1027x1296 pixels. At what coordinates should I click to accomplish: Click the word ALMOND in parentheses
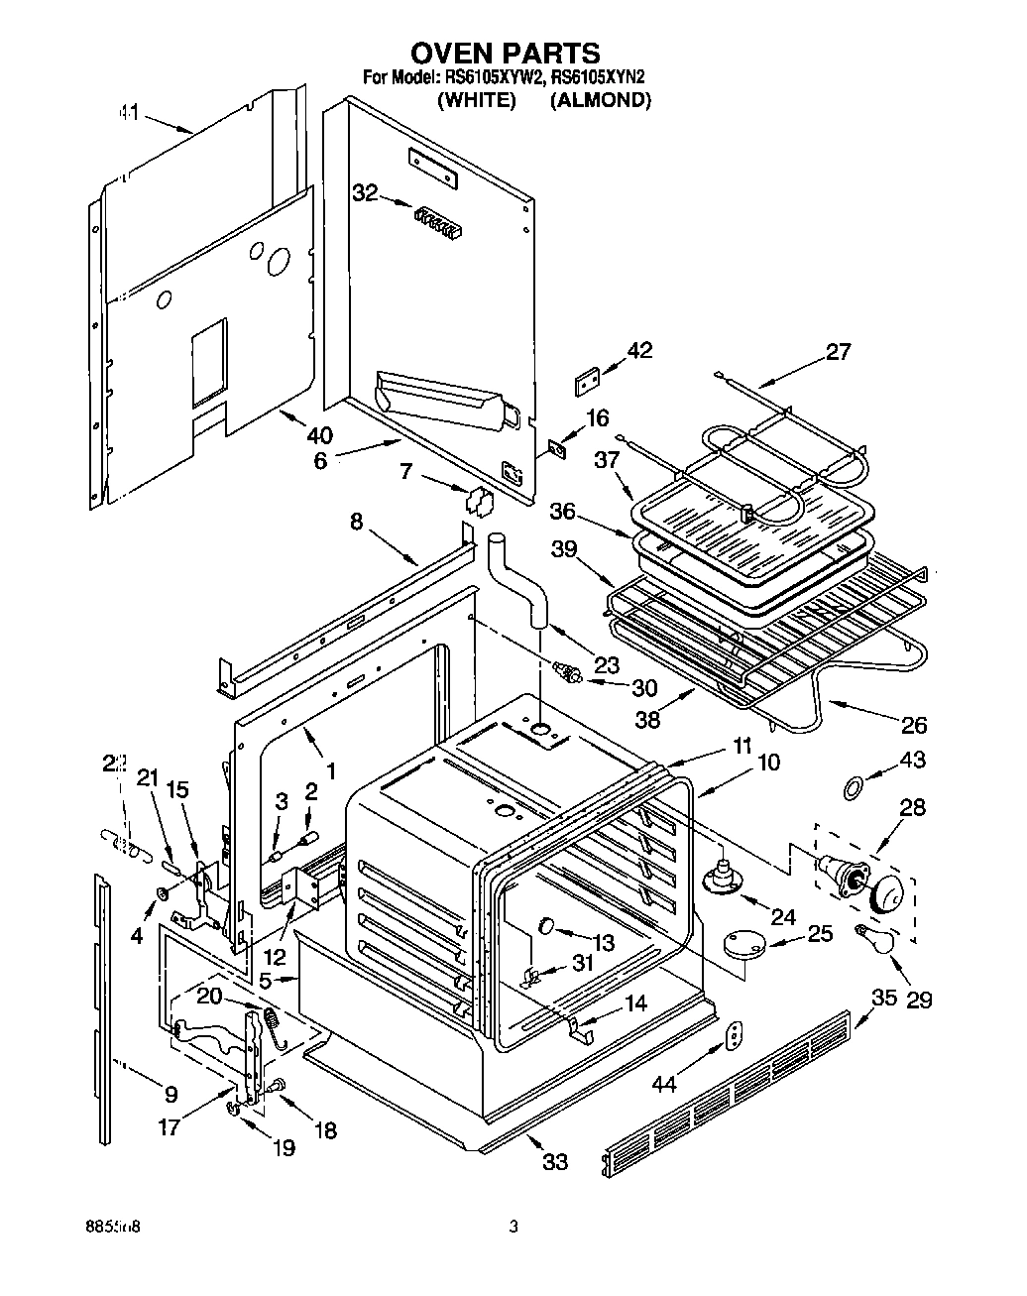(x=601, y=100)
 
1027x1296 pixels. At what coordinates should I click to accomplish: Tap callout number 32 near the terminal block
(x=366, y=193)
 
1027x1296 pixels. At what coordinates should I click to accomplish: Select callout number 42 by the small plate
(x=640, y=350)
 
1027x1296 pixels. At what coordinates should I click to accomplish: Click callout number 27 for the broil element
(x=838, y=352)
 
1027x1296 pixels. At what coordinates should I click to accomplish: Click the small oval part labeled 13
(x=546, y=925)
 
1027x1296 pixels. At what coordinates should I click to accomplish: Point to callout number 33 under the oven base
(x=555, y=1159)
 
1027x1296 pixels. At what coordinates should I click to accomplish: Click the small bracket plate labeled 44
(x=734, y=1034)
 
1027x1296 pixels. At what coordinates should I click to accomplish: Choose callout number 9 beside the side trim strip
(x=171, y=1095)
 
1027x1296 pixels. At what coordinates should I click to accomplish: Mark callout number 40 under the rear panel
(x=319, y=434)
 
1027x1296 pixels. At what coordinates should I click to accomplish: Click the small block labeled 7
(x=479, y=501)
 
